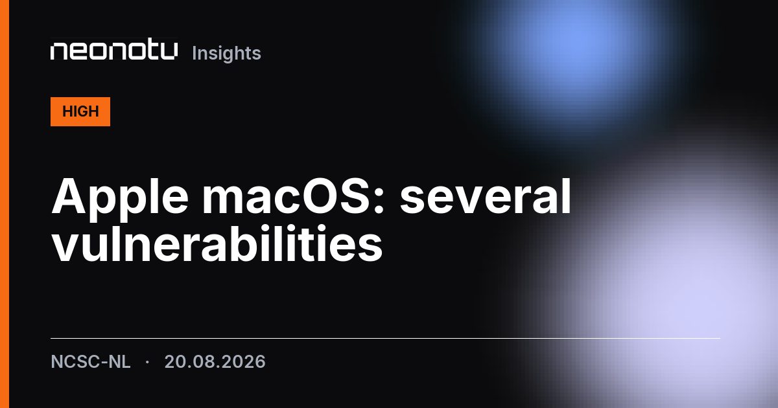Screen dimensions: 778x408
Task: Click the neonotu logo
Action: coord(114,51)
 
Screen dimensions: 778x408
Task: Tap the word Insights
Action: coord(226,53)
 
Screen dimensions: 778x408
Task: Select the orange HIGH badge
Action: coord(80,111)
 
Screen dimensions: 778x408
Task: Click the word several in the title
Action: coord(486,196)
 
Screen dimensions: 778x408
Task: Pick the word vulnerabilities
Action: coord(217,244)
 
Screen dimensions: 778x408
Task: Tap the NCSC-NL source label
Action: coord(91,361)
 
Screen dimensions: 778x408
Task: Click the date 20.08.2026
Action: coord(215,361)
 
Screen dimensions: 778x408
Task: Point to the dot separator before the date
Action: coord(147,362)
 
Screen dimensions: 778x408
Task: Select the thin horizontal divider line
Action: coord(386,338)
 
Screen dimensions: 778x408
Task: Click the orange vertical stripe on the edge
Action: coord(5,204)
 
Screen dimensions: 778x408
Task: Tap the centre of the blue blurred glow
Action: coord(573,49)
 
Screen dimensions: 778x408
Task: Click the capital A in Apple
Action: coord(69,196)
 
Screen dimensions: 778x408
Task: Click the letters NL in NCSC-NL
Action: coord(120,361)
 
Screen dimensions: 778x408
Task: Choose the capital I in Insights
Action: coord(194,53)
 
